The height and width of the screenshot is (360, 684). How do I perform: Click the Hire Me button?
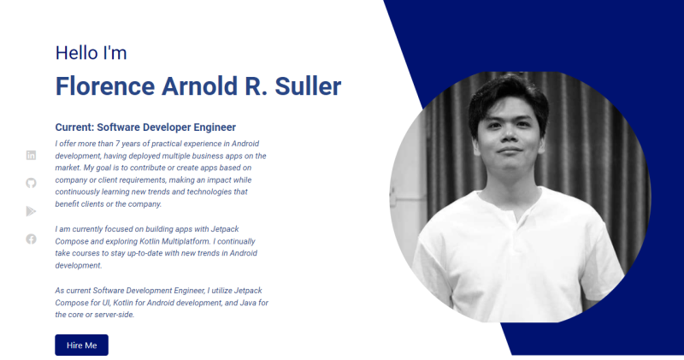coord(81,345)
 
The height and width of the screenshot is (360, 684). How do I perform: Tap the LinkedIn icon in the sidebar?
coord(31,156)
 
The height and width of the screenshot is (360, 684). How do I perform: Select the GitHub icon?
coord(31,183)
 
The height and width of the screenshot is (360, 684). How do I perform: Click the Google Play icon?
coord(31,211)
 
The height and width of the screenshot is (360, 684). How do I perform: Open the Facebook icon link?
coord(31,239)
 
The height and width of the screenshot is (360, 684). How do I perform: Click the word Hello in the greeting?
coord(77,53)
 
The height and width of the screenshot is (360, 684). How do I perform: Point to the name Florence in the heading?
coord(105,86)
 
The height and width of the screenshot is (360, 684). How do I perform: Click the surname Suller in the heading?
coord(308,86)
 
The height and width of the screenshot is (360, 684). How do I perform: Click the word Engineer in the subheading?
coord(215,127)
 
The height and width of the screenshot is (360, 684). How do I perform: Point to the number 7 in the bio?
coord(117,144)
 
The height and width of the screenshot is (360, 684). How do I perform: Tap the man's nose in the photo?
coord(509,134)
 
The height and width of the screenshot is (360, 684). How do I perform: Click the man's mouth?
coord(510,150)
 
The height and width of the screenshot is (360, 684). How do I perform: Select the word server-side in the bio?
coord(115,315)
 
